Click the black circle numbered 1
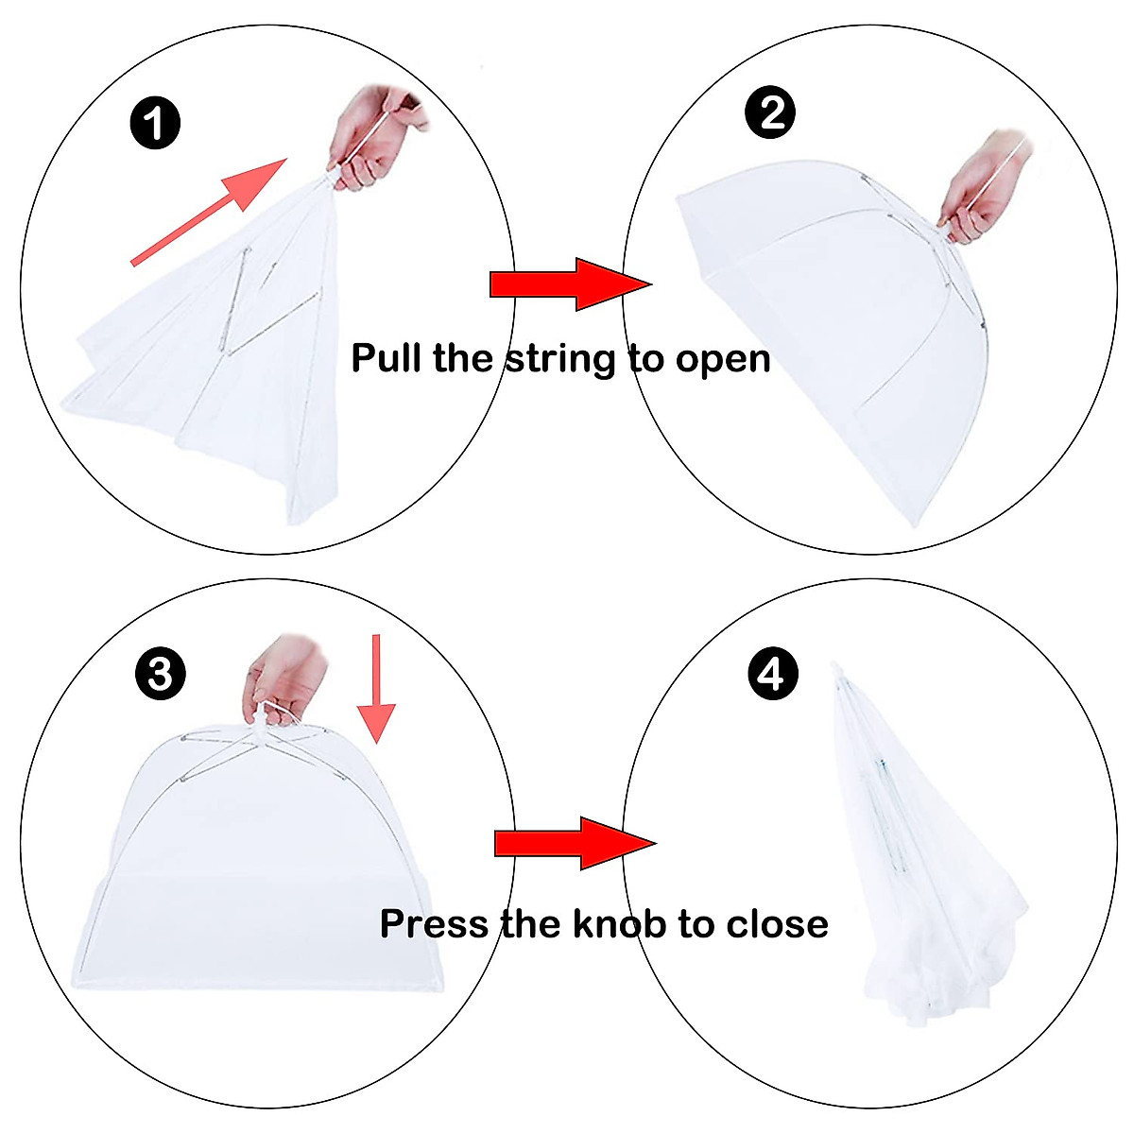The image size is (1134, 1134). tap(155, 124)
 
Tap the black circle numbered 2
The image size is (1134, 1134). tap(770, 112)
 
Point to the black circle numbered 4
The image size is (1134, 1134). tap(773, 675)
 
